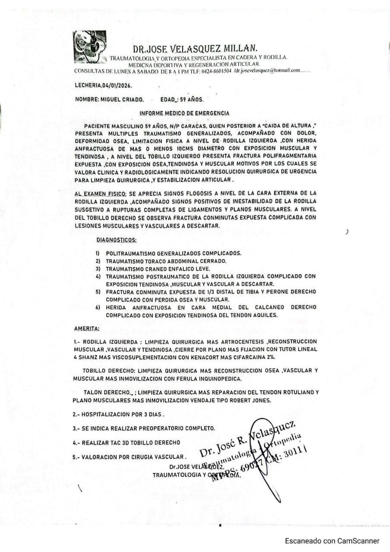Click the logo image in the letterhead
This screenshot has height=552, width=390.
pos(89,47)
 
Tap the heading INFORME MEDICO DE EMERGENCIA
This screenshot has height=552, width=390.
pos(184,113)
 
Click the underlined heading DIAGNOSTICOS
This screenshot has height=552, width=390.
pos(116,239)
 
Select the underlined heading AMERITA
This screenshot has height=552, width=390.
pos(86,329)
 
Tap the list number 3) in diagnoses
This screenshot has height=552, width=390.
pos(98,269)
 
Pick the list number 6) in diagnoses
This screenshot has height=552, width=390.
pos(98,307)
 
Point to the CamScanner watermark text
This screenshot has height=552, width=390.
pos(332,541)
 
